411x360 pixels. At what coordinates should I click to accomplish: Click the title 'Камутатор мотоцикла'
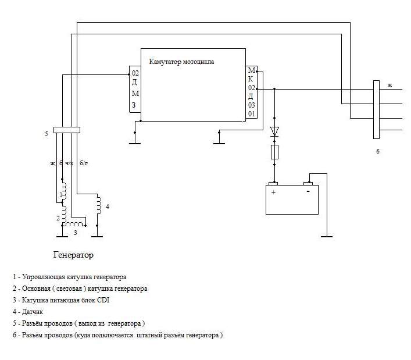pos(181,61)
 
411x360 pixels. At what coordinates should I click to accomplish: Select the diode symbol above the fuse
pos(274,131)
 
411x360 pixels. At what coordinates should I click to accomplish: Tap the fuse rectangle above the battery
pos(274,152)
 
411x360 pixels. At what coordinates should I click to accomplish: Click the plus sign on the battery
pos(273,191)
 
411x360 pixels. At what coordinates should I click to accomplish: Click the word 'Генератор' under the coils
pos(73,255)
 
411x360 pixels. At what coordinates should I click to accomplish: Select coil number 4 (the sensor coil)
pos(99,205)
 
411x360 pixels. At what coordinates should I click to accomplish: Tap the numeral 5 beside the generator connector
pos(45,134)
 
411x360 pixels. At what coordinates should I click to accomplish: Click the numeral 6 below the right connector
pos(377,151)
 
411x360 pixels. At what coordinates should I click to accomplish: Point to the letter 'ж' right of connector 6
pos(390,85)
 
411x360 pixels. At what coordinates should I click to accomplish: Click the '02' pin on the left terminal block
pos(135,74)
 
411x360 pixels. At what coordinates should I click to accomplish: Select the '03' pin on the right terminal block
pos(252,105)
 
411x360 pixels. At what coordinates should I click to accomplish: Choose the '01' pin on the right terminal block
pos(252,114)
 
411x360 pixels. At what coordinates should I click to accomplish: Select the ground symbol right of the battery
pos(327,236)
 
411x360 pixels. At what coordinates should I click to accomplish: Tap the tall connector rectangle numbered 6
pos(376,109)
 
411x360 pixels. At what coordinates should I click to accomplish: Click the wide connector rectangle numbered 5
pos(66,130)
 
